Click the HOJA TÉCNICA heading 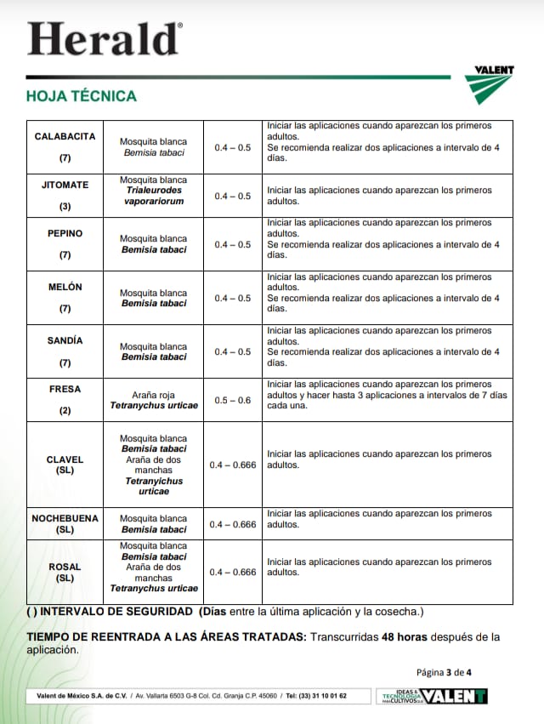[x=82, y=96]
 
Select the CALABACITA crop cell [x=65, y=136]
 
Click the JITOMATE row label [x=65, y=185]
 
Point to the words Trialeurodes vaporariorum [x=153, y=197]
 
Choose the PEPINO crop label [x=65, y=233]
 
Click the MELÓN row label [x=65, y=288]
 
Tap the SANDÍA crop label [x=65, y=340]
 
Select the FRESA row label [x=65, y=389]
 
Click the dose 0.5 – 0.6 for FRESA [x=232, y=400]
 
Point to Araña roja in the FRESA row [x=154, y=395]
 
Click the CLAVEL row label [x=65, y=459]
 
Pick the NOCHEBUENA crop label [x=65, y=518]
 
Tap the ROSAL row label [x=65, y=567]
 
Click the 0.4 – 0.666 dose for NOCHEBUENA [x=232, y=524]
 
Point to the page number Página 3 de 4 [x=444, y=672]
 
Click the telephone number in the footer [x=316, y=696]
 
